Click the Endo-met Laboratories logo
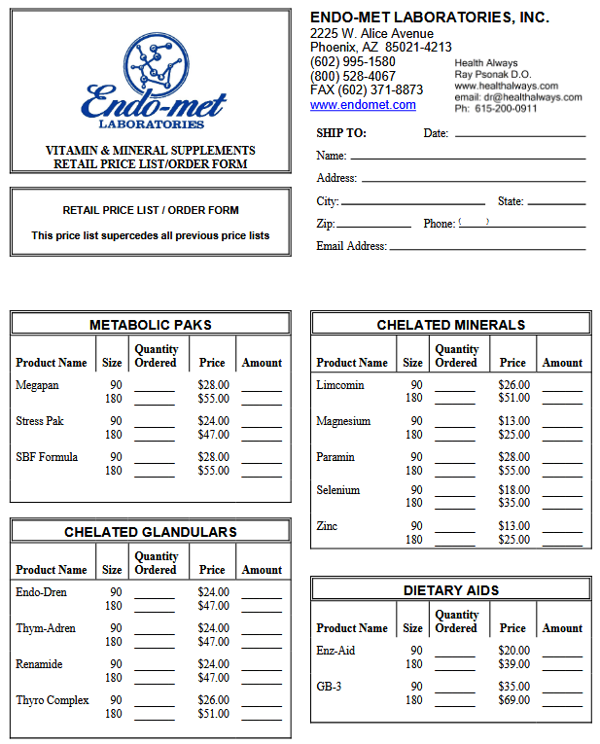(153, 83)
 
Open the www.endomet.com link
(363, 105)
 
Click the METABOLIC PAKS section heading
(151, 325)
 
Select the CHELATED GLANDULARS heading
(151, 532)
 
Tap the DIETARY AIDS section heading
(451, 590)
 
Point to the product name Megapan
(38, 385)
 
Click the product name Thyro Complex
(53, 700)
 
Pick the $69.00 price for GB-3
(514, 700)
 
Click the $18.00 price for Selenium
(514, 490)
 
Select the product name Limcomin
(340, 385)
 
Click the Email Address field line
(486, 249)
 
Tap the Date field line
(520, 136)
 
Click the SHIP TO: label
(341, 133)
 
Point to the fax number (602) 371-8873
(367, 90)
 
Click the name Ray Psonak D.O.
(493, 74)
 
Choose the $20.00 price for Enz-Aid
(514, 651)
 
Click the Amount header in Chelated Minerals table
(562, 363)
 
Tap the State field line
(556, 203)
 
